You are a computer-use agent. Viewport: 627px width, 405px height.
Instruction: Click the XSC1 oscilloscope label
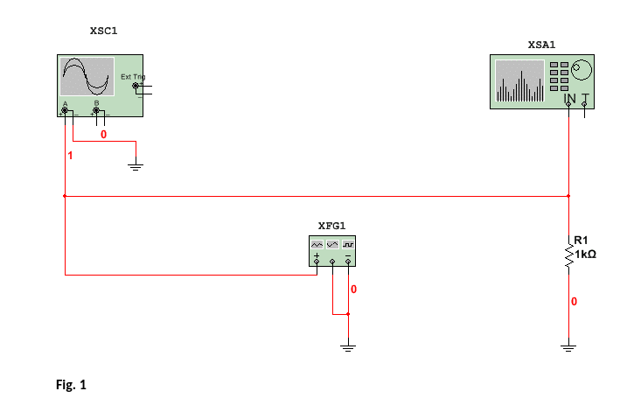[x=103, y=31]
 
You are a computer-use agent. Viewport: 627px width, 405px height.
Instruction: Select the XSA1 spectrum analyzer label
[x=541, y=43]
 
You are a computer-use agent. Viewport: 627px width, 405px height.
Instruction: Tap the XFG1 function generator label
[x=331, y=225]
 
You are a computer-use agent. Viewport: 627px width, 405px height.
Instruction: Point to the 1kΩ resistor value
[x=585, y=254]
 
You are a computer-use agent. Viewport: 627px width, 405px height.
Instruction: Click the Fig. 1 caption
[x=71, y=384]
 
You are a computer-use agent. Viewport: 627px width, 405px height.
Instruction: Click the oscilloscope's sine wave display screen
[x=87, y=77]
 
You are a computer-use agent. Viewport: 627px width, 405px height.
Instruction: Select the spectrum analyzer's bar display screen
[x=519, y=81]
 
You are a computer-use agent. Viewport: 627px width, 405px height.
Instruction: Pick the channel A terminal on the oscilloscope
[x=65, y=110]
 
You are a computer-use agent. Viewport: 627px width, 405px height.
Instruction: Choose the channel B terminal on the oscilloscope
[x=96, y=110]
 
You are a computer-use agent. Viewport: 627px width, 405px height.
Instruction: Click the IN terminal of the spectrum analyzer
[x=569, y=104]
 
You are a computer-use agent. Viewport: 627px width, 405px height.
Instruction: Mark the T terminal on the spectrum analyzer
[x=584, y=104]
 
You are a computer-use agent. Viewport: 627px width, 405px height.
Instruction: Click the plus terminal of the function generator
[x=317, y=261]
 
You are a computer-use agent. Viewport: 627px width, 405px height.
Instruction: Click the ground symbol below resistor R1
[x=569, y=348]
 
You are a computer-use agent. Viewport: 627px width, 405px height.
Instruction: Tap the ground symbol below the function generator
[x=348, y=348]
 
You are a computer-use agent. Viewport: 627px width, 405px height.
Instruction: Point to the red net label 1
[x=71, y=155]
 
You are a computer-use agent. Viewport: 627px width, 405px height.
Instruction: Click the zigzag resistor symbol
[x=569, y=254]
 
